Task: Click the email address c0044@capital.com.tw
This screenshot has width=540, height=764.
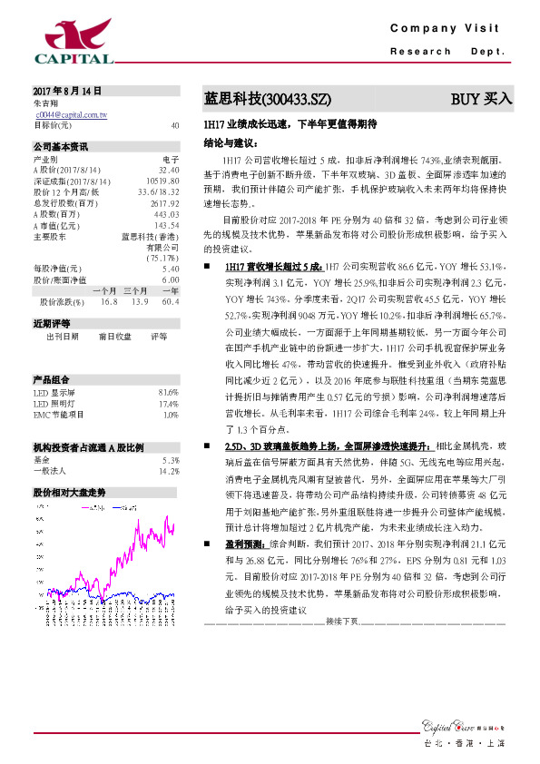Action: tap(72, 115)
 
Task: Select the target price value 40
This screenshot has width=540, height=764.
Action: tap(174, 126)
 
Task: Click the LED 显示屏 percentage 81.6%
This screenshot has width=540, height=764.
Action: tap(168, 391)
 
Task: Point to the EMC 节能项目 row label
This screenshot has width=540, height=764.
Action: tap(60, 415)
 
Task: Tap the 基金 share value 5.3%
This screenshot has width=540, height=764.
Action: tap(169, 460)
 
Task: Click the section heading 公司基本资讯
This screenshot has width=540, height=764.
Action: tap(61, 146)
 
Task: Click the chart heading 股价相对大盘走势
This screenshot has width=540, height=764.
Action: tap(70, 492)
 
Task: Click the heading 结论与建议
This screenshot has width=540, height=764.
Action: tap(231, 143)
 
